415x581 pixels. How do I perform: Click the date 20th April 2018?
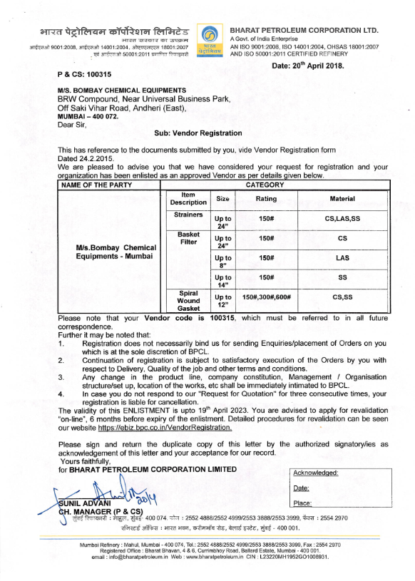[x=308, y=66]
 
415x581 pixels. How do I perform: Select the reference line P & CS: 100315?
[x=85, y=74]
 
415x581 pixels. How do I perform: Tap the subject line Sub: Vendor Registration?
[x=198, y=133]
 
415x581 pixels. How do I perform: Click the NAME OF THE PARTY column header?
[x=93, y=185]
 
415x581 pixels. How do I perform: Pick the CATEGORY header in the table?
[x=275, y=185]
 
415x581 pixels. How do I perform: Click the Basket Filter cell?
[x=188, y=238]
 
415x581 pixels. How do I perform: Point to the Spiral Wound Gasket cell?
[x=188, y=300]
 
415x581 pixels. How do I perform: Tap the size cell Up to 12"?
[x=223, y=300]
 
